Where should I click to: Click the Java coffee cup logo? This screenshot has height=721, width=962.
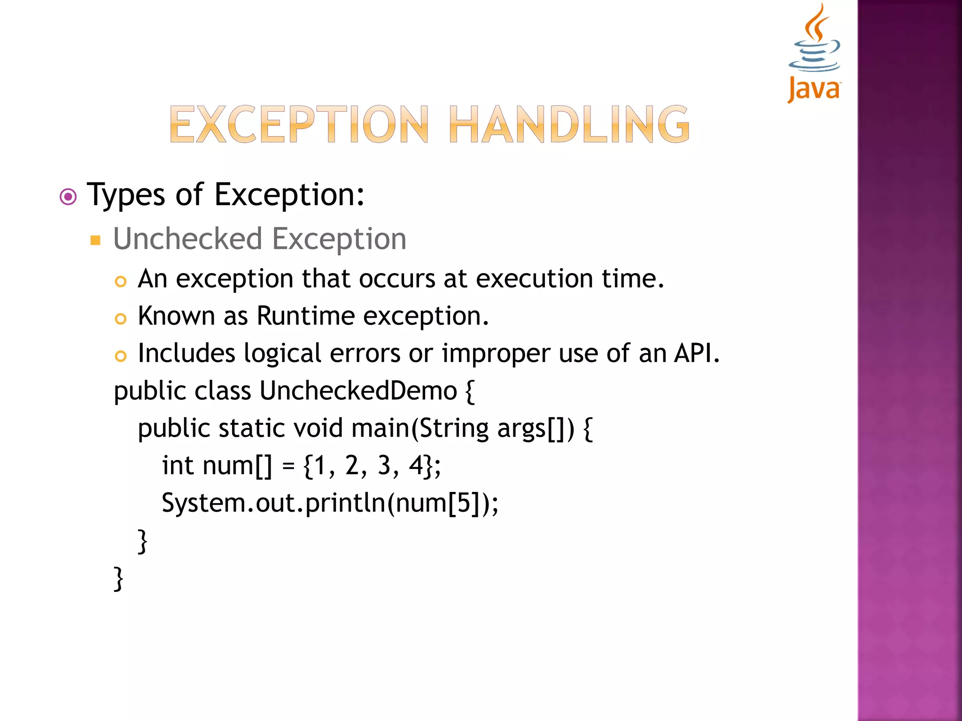click(x=814, y=52)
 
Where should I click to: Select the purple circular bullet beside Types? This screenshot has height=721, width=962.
click(x=69, y=197)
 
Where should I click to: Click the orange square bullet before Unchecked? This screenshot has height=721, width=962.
click(x=95, y=241)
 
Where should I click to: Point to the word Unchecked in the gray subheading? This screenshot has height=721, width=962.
click(x=187, y=239)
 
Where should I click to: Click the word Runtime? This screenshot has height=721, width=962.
click(x=305, y=316)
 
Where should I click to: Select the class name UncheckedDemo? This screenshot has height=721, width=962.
click(x=358, y=391)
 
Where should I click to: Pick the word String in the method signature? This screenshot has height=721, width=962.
click(x=453, y=428)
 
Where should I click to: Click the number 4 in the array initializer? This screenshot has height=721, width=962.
click(x=416, y=466)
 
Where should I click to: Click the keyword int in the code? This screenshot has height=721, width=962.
click(x=178, y=466)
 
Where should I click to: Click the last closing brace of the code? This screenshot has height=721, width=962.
click(x=119, y=579)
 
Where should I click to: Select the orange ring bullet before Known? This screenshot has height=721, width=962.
click(x=121, y=319)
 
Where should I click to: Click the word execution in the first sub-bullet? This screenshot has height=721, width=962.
click(x=534, y=279)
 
